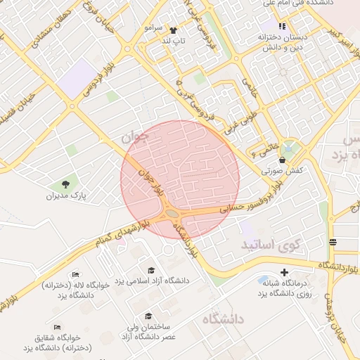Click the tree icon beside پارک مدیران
click(x=65, y=184)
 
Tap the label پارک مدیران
click(x=65, y=196)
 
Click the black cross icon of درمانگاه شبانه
click(x=284, y=272)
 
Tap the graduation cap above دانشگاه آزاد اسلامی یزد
click(x=151, y=270)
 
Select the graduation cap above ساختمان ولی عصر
click(x=148, y=316)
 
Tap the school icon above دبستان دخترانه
click(x=282, y=26)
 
